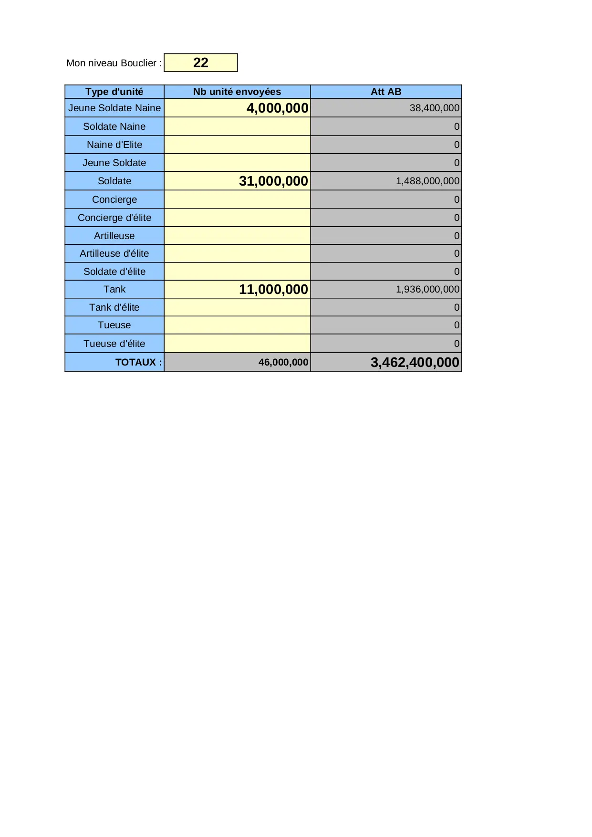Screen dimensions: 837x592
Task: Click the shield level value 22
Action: (201, 63)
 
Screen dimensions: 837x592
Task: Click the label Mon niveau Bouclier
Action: (114, 63)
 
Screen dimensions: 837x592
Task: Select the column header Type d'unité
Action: (114, 92)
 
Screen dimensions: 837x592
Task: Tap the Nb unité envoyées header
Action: (237, 92)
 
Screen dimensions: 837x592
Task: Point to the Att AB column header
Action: (386, 92)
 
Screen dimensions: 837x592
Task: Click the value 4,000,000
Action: (277, 108)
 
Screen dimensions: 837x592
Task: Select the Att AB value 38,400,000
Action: (434, 108)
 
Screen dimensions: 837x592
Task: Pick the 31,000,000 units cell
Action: (273, 181)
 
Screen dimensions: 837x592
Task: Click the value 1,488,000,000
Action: (427, 181)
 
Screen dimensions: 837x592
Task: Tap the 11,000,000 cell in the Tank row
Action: (273, 290)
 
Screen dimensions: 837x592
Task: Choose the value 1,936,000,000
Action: (427, 290)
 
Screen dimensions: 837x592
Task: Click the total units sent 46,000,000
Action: (283, 363)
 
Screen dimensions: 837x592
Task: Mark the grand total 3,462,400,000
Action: (415, 363)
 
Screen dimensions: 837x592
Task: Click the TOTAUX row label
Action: (138, 363)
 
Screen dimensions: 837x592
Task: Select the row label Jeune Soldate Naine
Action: (114, 108)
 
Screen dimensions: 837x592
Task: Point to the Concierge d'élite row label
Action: (114, 218)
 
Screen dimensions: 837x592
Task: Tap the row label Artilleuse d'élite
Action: (114, 254)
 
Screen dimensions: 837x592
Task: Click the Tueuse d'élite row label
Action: (114, 344)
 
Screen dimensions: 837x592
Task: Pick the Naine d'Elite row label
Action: (114, 145)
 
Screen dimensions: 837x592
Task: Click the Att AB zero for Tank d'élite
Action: (457, 308)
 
